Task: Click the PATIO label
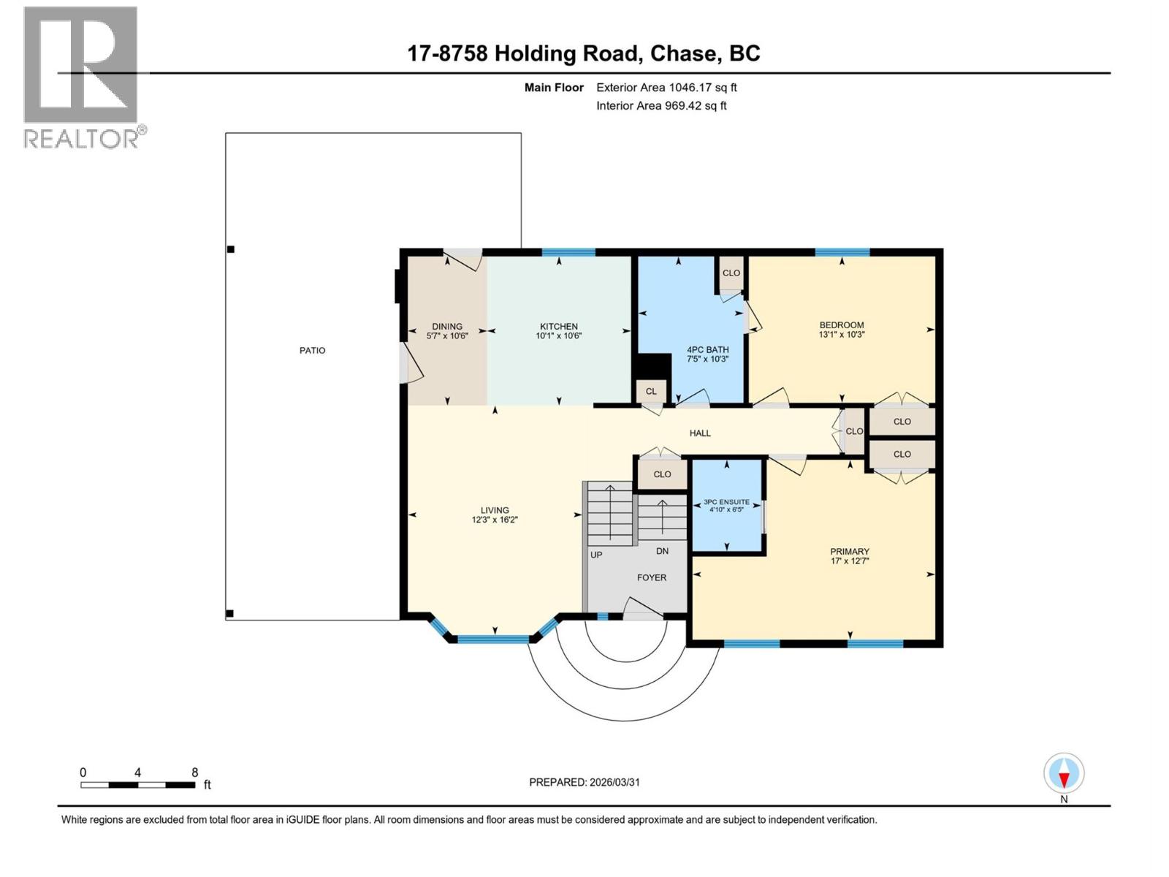312,351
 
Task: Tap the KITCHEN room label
559,327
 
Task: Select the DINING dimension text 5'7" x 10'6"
447,336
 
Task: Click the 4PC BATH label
707,350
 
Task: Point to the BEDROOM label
842,325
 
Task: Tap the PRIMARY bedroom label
850,552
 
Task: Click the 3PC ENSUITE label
726,502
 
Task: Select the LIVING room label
495,511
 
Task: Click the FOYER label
652,577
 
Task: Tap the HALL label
700,433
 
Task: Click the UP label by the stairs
596,555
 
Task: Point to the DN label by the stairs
662,551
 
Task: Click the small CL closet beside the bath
651,392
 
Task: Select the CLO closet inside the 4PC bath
731,273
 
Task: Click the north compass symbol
1064,774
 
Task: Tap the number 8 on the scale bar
194,772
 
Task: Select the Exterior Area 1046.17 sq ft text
666,88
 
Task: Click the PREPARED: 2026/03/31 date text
584,782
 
